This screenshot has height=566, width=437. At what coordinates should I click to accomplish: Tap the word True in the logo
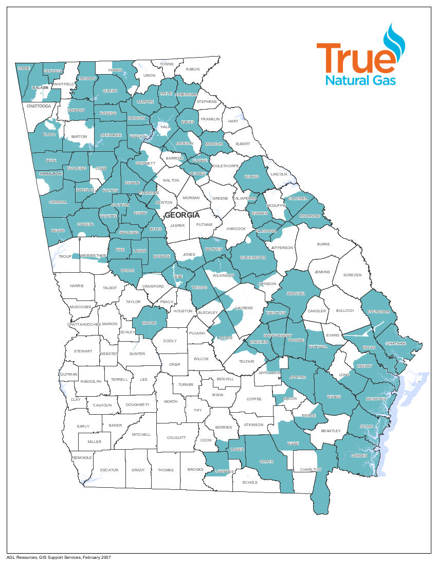[x=353, y=59]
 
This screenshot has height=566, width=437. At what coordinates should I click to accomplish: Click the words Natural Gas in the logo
[x=360, y=80]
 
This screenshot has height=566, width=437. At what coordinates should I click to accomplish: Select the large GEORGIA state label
[x=181, y=215]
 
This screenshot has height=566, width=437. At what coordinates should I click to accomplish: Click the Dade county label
[x=24, y=68]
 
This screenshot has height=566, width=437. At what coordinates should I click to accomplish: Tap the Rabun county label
[x=192, y=69]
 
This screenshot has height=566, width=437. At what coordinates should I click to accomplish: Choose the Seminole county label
[x=82, y=457]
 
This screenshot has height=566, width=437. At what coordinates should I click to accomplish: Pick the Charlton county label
[x=310, y=469]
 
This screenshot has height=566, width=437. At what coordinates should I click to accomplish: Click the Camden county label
[x=358, y=456]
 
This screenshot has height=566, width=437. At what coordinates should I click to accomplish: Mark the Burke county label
[x=323, y=244]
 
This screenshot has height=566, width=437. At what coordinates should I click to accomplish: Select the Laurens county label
[x=244, y=308]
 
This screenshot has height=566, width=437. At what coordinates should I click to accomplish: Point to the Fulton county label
[x=110, y=190]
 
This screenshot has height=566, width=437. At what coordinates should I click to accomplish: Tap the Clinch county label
[x=266, y=462]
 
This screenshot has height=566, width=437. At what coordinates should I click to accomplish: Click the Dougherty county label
[x=137, y=405]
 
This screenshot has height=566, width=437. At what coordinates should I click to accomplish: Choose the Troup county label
[x=65, y=256]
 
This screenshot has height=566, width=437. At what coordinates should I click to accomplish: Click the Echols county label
[x=249, y=482]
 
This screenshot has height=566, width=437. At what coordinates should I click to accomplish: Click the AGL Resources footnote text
[x=59, y=557]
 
